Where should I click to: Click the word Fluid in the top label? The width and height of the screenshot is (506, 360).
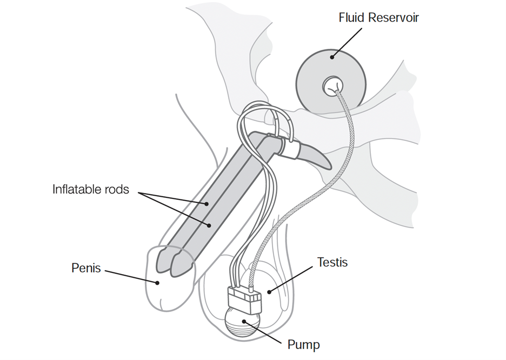pyautogui.click(x=352, y=17)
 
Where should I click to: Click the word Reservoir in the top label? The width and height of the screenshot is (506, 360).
pyautogui.click(x=394, y=17)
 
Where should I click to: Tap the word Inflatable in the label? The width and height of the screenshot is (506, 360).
pyautogui.click(x=78, y=190)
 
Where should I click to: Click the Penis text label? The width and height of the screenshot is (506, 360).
pyautogui.click(x=86, y=268)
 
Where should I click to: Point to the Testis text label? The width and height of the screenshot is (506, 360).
pyautogui.click(x=332, y=263)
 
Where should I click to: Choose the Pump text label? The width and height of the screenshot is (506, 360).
pyautogui.click(x=303, y=344)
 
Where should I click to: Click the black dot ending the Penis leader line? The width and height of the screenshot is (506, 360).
pyautogui.click(x=157, y=282)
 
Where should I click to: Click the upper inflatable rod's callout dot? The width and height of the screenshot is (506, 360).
pyautogui.click(x=207, y=204)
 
